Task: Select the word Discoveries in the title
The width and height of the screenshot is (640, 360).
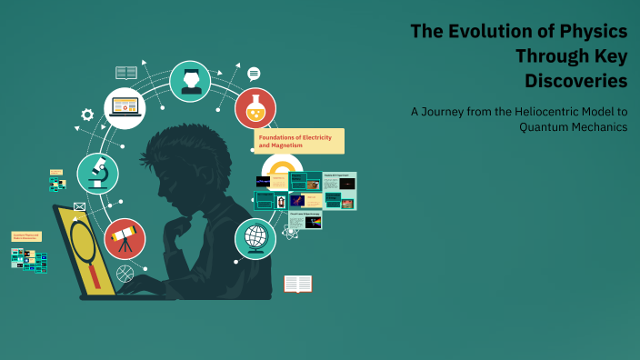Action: click(x=575, y=80)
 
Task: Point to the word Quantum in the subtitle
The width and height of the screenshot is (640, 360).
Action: click(x=545, y=127)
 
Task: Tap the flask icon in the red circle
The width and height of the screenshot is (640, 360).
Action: click(x=255, y=108)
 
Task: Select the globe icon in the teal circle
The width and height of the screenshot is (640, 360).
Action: click(x=255, y=238)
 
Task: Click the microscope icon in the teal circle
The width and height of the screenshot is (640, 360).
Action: click(x=97, y=173)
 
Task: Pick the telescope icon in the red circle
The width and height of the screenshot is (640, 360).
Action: click(x=125, y=238)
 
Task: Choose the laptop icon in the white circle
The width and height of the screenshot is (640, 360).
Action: click(x=125, y=108)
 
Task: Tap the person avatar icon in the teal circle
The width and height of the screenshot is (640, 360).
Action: click(x=190, y=81)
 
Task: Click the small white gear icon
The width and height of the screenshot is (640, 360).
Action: click(x=87, y=115)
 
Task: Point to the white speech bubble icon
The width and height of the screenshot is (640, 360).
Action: click(x=254, y=74)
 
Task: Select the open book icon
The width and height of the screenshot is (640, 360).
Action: click(x=297, y=284)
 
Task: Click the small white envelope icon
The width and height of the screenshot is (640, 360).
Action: click(x=79, y=207)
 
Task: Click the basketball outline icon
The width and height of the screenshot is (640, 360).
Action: click(x=125, y=272)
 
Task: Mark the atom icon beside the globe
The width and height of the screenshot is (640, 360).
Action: click(x=290, y=233)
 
